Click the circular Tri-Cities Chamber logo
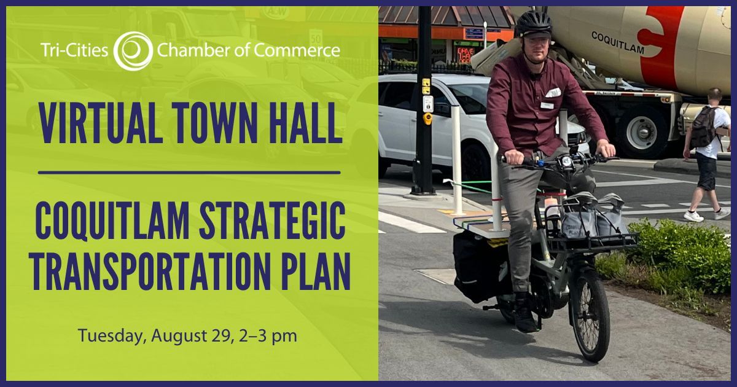click(x=133, y=50)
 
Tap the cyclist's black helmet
click(x=533, y=23)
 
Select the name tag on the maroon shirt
click(x=547, y=105)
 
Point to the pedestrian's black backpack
click(x=702, y=127)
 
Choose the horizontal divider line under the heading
click(x=189, y=173)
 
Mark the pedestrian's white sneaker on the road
click(x=693, y=216)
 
